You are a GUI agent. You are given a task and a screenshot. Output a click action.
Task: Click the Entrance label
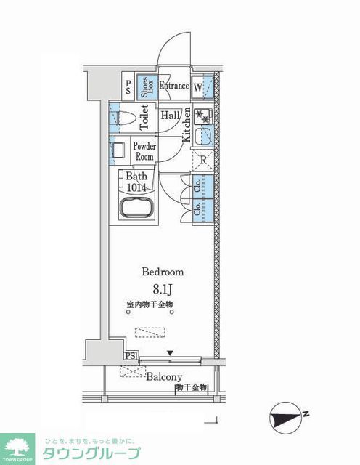[x=174, y=86]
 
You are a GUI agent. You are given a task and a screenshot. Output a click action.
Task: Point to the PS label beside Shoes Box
[x=128, y=88]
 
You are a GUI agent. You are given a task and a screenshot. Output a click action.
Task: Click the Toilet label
[x=144, y=116]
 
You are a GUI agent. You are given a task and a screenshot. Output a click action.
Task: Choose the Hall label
[x=171, y=116]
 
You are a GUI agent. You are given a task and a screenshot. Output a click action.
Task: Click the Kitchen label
[x=186, y=124]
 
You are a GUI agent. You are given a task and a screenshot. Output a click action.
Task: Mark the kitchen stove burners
[x=203, y=116]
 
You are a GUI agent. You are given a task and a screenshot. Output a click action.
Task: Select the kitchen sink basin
[x=203, y=136]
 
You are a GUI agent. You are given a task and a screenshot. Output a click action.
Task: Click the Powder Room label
[x=143, y=151]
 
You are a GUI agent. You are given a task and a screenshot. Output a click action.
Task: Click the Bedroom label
[x=163, y=272]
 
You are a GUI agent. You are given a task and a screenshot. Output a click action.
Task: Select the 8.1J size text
[x=163, y=289]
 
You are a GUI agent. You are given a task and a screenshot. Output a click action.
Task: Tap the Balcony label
[x=163, y=377]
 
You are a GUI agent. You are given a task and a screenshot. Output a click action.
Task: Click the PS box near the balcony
[x=129, y=356]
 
